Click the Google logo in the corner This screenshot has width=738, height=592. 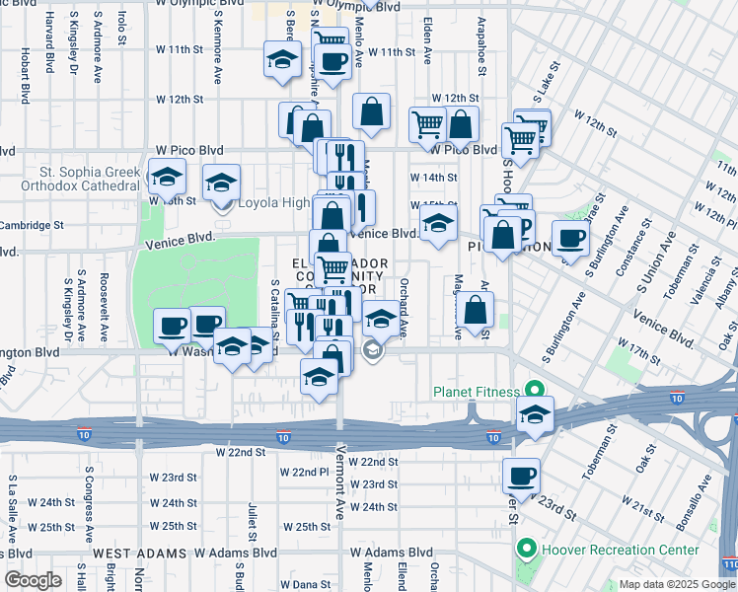point(33,579)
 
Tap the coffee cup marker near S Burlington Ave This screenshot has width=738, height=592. point(570,238)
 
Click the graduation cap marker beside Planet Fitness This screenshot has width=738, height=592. point(535,413)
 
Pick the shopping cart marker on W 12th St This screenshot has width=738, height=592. point(426,124)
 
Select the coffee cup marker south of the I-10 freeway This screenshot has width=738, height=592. point(521,477)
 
